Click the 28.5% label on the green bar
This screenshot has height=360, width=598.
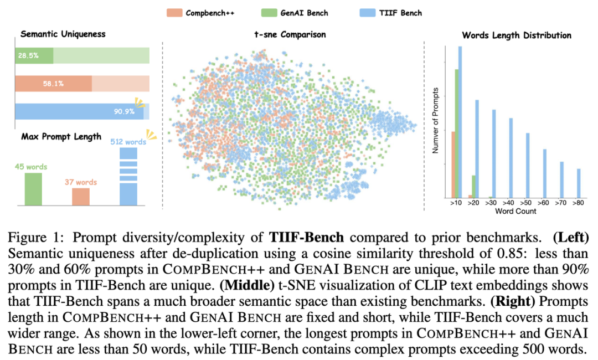pyautogui.click(x=28, y=56)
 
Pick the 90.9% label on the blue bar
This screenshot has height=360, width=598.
pyautogui.click(x=124, y=111)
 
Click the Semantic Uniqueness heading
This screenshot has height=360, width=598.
pyautogui.click(x=63, y=34)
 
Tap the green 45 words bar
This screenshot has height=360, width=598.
pyautogui.click(x=33, y=188)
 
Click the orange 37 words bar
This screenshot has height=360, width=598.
pyautogui.click(x=81, y=196)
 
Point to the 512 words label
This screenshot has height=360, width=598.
pyautogui.click(x=128, y=142)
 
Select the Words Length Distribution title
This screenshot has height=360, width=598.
pyautogui.click(x=517, y=35)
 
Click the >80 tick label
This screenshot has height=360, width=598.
pyautogui.click(x=578, y=204)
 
